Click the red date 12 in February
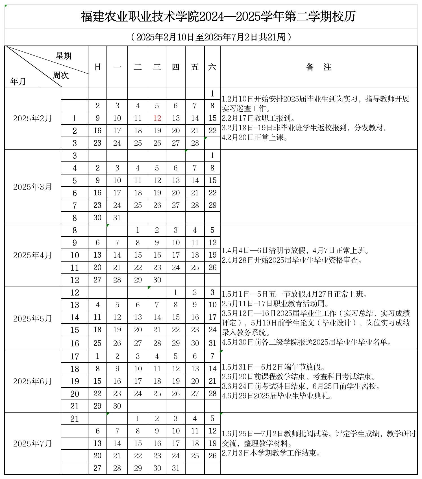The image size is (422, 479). [x=157, y=118]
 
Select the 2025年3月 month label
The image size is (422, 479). [x=32, y=187]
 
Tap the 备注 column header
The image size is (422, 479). [x=319, y=67]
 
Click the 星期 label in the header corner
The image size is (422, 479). [x=64, y=56]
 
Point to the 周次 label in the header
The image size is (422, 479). [x=61, y=75]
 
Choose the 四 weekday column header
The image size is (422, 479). [x=176, y=67]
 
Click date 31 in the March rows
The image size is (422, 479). [x=117, y=218]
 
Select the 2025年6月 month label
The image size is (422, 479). [x=32, y=381]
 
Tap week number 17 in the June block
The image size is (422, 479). [x=75, y=356]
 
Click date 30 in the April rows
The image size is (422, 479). [x=157, y=280]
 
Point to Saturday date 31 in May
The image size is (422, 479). [x=212, y=343]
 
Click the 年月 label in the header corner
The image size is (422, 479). [x=18, y=81]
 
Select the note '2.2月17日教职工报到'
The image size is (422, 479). [x=258, y=118]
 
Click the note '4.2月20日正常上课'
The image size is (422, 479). [x=254, y=138]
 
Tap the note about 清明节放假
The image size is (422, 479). [x=295, y=251]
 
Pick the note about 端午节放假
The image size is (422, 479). [x=273, y=367]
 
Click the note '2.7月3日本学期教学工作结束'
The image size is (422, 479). [x=271, y=453]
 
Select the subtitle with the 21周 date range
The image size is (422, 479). [x=211, y=37]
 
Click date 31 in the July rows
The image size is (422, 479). [x=176, y=468]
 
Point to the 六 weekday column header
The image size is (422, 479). [x=212, y=67]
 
